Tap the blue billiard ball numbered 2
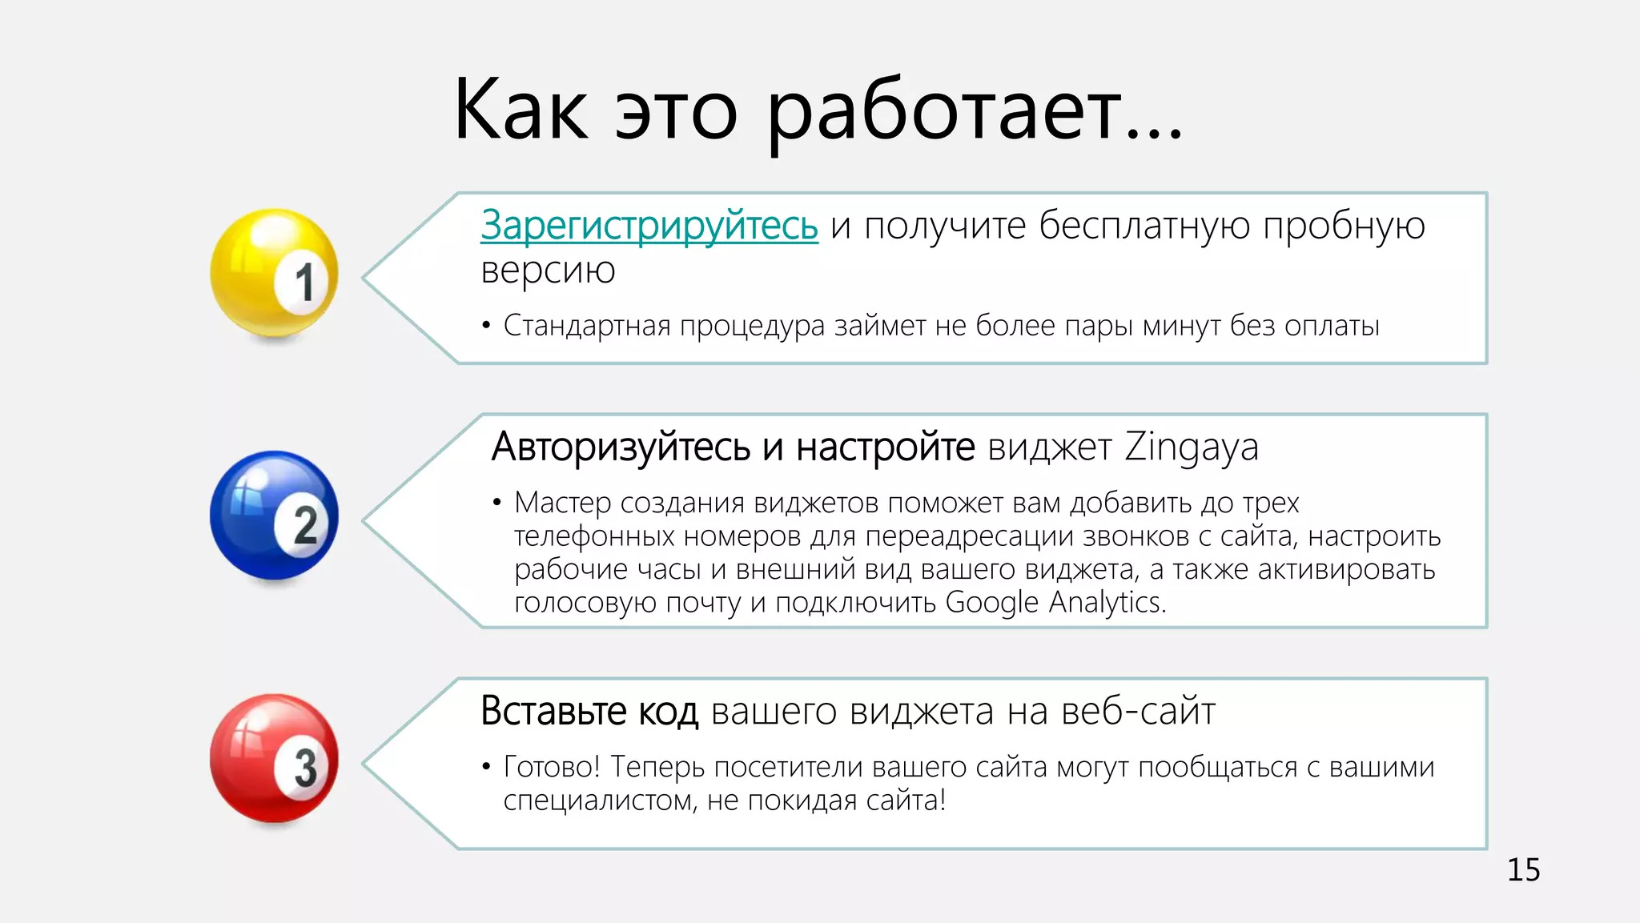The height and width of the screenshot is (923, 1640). tap(274, 516)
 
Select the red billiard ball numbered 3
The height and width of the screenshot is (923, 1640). tap(274, 758)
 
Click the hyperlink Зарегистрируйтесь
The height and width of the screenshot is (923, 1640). tap(649, 226)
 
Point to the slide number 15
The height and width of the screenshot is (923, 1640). tap(1523, 870)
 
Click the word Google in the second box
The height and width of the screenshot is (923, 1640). tap(991, 603)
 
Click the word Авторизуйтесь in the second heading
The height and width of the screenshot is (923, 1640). tap(621, 447)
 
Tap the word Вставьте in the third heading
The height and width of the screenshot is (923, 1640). tap(553, 711)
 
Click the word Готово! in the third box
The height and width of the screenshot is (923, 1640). tap(551, 767)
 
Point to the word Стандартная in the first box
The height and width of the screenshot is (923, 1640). tap(587, 326)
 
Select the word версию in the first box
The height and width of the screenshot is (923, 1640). tap(548, 271)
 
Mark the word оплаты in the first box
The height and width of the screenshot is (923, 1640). tap(1332, 326)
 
